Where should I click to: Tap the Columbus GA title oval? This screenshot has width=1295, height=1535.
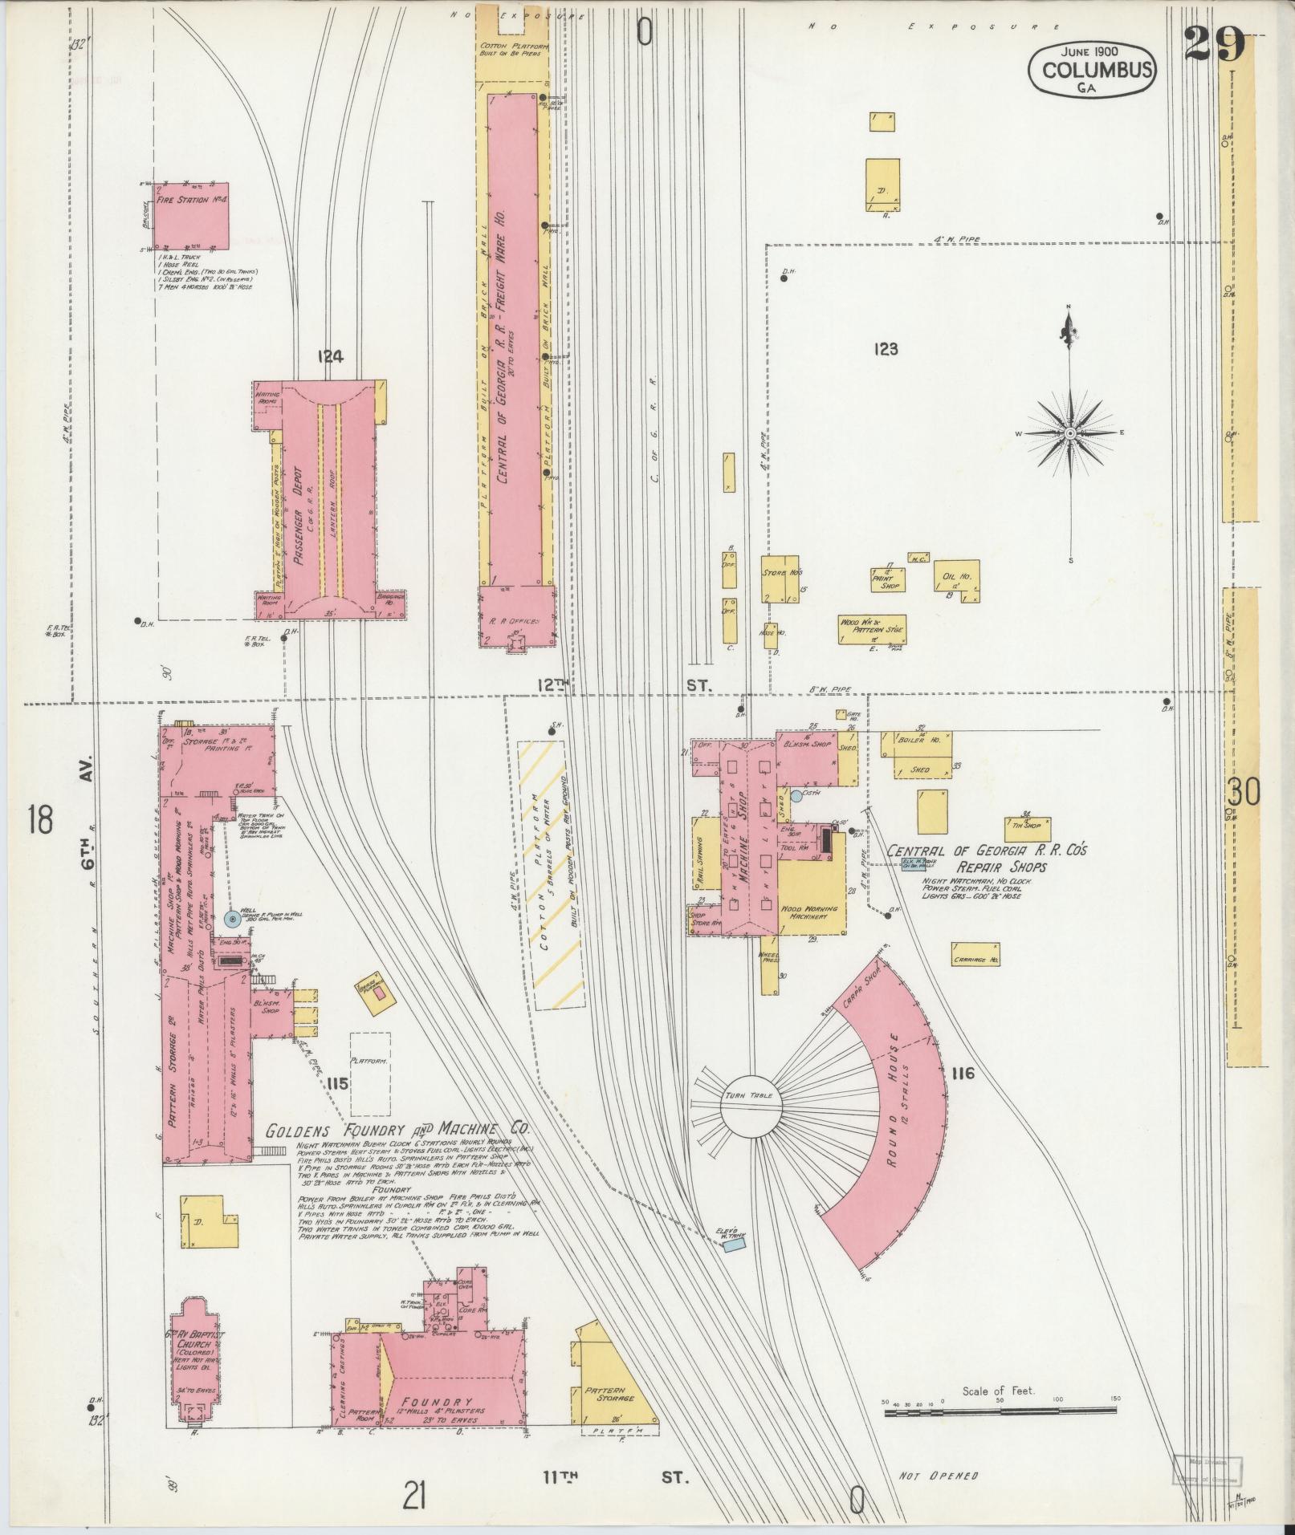(1092, 71)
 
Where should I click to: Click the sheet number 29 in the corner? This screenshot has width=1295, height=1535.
(1214, 44)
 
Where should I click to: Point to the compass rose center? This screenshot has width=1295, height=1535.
(1069, 433)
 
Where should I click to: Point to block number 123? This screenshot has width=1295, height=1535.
(886, 349)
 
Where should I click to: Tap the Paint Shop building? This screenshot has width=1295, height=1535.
(886, 579)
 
